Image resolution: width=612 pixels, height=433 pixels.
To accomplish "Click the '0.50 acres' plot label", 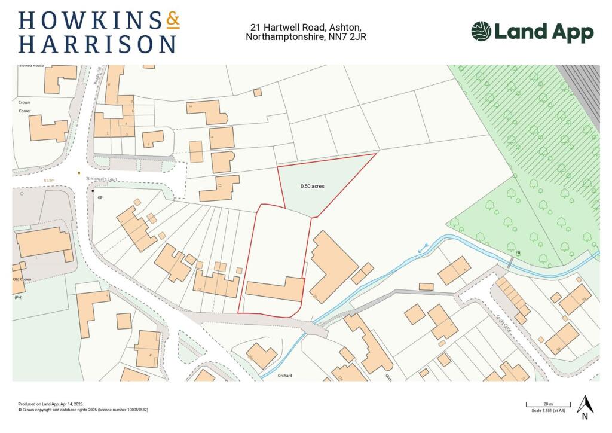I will [x=312, y=187].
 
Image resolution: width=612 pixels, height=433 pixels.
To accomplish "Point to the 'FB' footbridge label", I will [x=518, y=253].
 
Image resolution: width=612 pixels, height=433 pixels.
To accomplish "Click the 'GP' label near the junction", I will [x=100, y=197].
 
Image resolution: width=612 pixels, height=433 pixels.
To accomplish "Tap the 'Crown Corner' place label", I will [x=24, y=106].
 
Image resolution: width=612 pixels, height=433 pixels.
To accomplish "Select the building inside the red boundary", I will [x=276, y=289].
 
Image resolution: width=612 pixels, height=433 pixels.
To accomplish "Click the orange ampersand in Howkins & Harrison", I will [x=172, y=21].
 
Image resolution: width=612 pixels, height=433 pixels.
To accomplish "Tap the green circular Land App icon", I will [x=481, y=32].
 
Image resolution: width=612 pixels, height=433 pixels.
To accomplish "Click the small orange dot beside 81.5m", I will [x=79, y=173].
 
